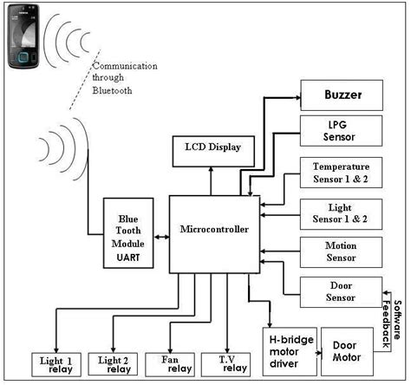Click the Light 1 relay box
click(x=57, y=363)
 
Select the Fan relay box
click(x=172, y=363)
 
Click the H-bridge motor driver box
click(x=289, y=349)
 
